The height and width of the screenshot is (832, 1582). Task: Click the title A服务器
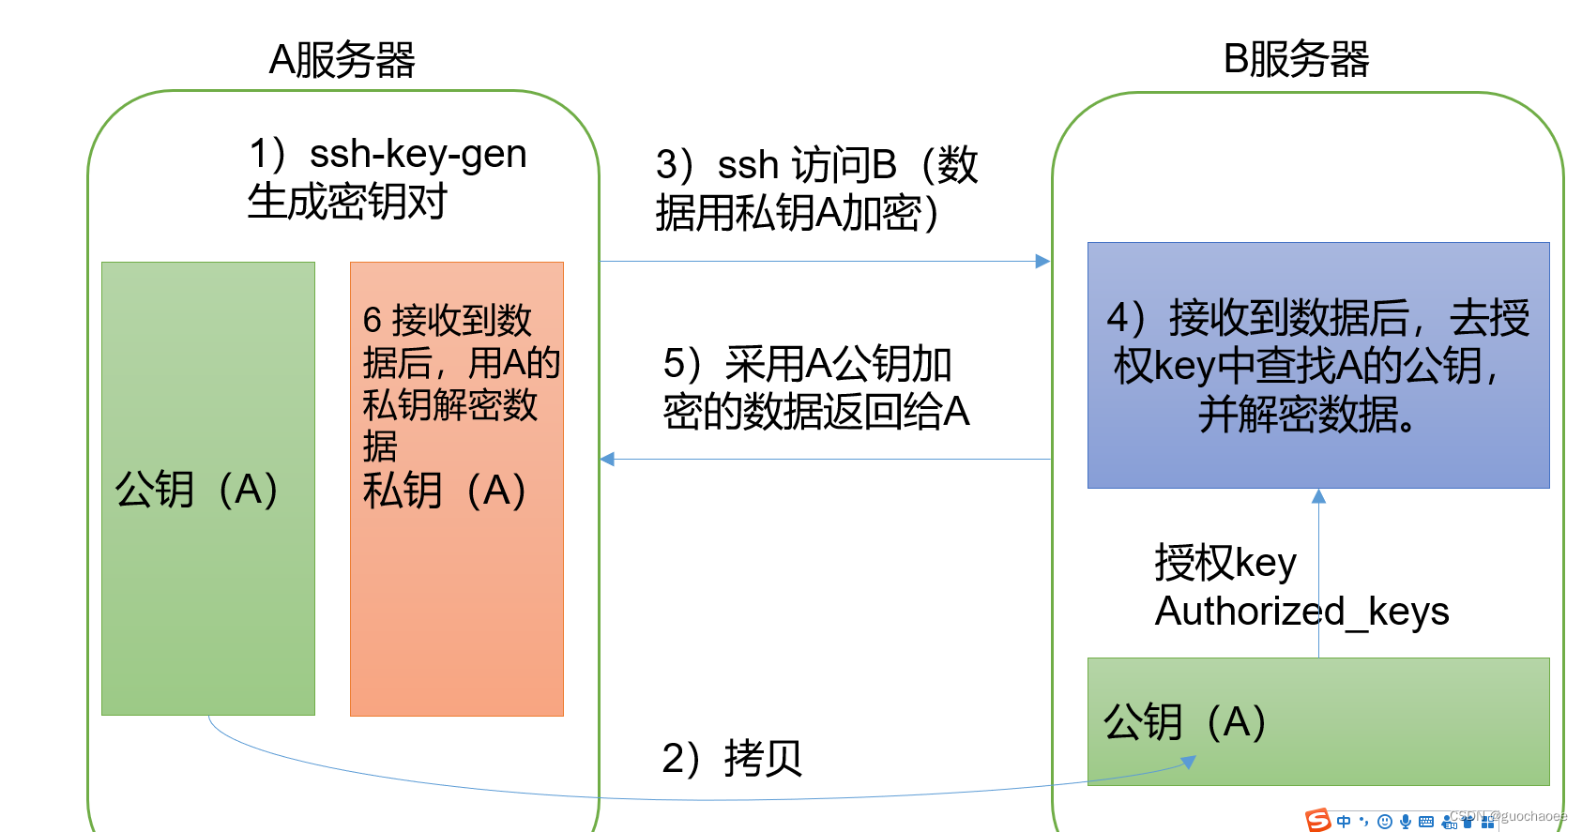coord(342,61)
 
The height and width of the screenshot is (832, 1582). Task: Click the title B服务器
coord(1296,60)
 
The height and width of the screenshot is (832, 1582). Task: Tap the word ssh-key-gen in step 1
coord(418,154)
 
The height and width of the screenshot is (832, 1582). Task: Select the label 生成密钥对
coord(347,202)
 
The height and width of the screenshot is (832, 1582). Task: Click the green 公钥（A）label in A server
coord(197,489)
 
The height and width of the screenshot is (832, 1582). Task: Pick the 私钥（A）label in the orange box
coord(445,490)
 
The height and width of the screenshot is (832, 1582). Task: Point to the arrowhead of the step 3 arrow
coord(1042,262)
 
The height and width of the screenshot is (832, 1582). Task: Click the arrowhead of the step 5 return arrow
coord(607,459)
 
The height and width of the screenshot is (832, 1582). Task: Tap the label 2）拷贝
coord(732,758)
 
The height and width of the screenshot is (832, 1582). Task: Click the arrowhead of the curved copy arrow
coord(1189,762)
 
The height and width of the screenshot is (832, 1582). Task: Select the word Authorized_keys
coord(1301,612)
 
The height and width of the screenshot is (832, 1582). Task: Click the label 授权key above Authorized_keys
coord(1225,563)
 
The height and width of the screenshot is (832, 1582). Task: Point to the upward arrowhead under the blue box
coord(1318,496)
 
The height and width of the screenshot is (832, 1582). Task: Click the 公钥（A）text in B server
coord(1185,721)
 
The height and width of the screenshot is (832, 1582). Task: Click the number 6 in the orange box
coord(372,321)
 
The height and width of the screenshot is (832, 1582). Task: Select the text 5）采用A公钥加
coord(807,364)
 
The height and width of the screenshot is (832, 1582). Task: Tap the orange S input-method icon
coord(1318,820)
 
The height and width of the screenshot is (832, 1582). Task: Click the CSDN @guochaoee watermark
coord(1509,816)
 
